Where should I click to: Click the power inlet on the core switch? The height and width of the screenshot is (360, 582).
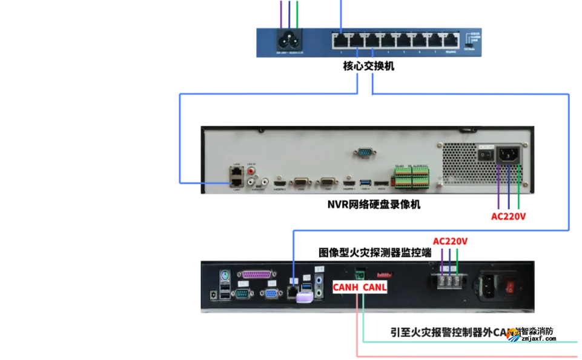(x=290, y=41)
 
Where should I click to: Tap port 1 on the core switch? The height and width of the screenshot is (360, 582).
(x=340, y=41)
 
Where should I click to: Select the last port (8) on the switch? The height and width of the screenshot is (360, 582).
(x=450, y=41)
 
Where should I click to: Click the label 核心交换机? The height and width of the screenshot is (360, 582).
(x=368, y=65)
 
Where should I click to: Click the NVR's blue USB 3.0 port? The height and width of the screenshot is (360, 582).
(x=364, y=182)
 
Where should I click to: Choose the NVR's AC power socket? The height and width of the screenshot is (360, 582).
(x=508, y=155)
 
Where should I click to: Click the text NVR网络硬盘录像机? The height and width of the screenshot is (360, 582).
(x=374, y=205)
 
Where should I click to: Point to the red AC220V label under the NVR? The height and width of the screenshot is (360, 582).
(x=508, y=216)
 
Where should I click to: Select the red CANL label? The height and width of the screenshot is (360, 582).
(x=374, y=287)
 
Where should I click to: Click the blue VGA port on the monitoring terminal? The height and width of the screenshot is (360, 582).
(x=271, y=294)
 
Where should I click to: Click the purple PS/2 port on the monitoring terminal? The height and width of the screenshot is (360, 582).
(x=224, y=276)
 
